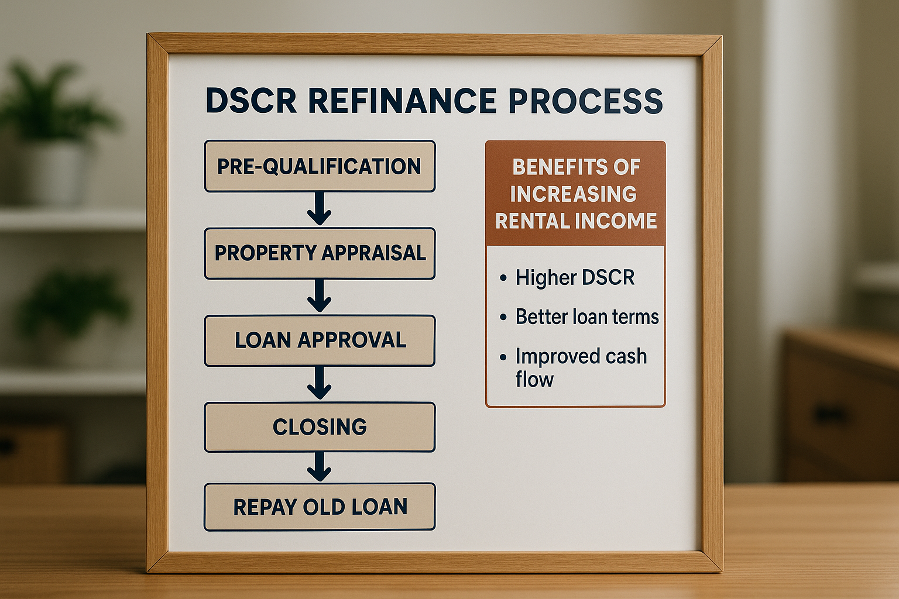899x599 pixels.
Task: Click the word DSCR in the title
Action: (x=251, y=101)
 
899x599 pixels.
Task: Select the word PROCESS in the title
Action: (x=585, y=101)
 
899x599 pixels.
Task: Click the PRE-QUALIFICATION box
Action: (x=319, y=166)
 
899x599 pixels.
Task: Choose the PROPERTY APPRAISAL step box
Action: (x=320, y=253)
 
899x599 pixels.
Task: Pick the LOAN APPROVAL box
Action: (x=320, y=340)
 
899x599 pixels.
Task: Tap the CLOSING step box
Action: (x=320, y=427)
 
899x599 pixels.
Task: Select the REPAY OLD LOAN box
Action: (x=320, y=507)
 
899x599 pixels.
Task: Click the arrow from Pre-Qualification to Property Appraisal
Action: (x=320, y=209)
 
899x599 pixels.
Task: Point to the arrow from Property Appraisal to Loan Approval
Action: (x=320, y=296)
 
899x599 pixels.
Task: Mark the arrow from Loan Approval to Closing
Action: (x=320, y=383)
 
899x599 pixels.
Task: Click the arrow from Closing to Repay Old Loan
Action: (x=320, y=466)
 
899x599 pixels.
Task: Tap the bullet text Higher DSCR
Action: (x=575, y=278)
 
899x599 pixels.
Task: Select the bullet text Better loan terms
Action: (x=587, y=317)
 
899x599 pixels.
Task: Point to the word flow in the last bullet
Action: (x=534, y=380)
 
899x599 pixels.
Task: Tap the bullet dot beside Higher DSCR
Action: (x=503, y=278)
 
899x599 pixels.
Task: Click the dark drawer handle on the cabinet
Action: (x=831, y=415)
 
